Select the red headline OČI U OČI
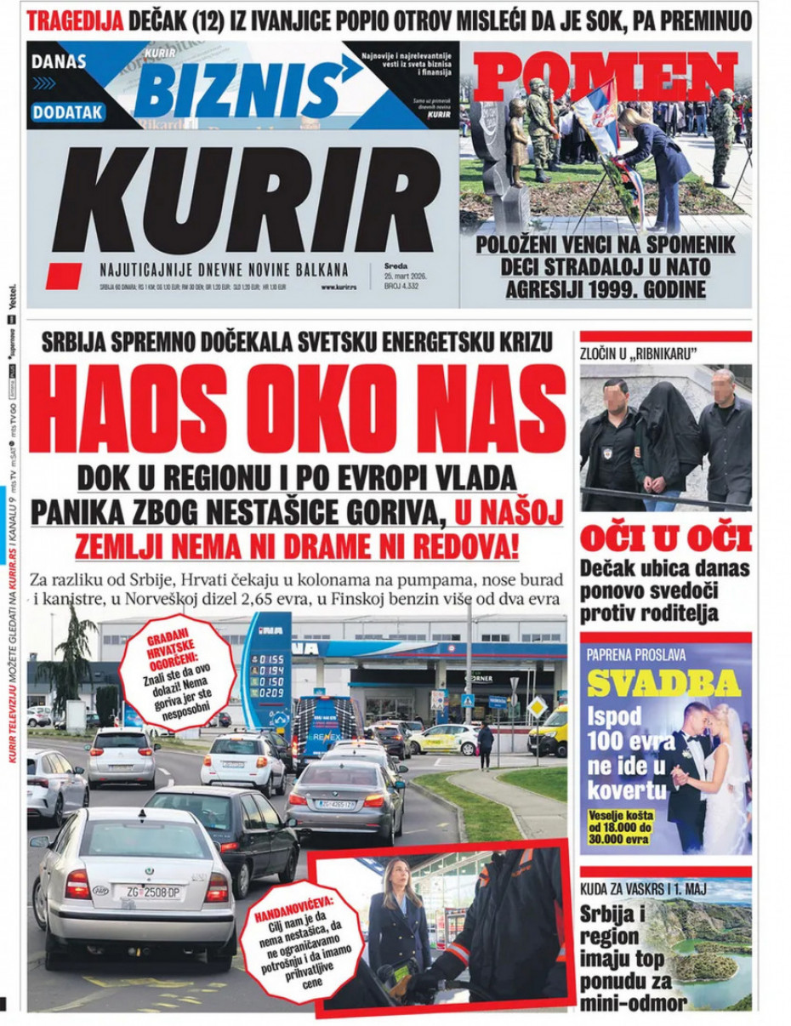click(x=665, y=539)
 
